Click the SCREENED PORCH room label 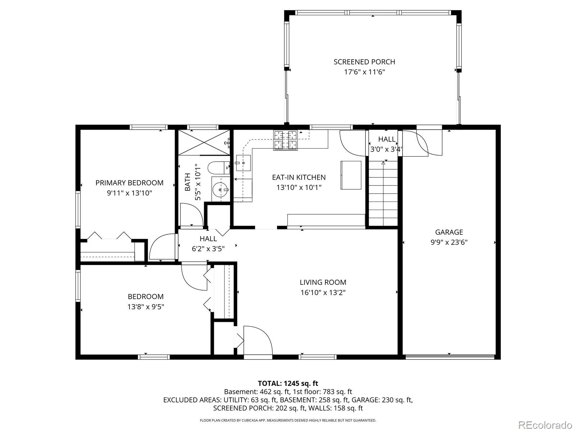pos(364,62)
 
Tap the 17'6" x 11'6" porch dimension pos(364,72)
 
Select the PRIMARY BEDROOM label pos(129,183)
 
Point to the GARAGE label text pos(449,232)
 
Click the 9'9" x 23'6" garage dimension pos(449,242)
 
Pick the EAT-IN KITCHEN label pos(299,177)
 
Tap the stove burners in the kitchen pos(285,140)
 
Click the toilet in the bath pos(218,168)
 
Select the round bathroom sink pos(220,189)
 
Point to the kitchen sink pos(243,163)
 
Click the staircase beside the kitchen pos(383,193)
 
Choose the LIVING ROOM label pos(323,282)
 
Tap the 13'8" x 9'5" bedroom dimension pos(146,307)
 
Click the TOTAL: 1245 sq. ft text pos(288,383)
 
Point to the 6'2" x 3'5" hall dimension pos(208,249)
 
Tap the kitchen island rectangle pos(351,175)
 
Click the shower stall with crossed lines pos(204,143)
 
